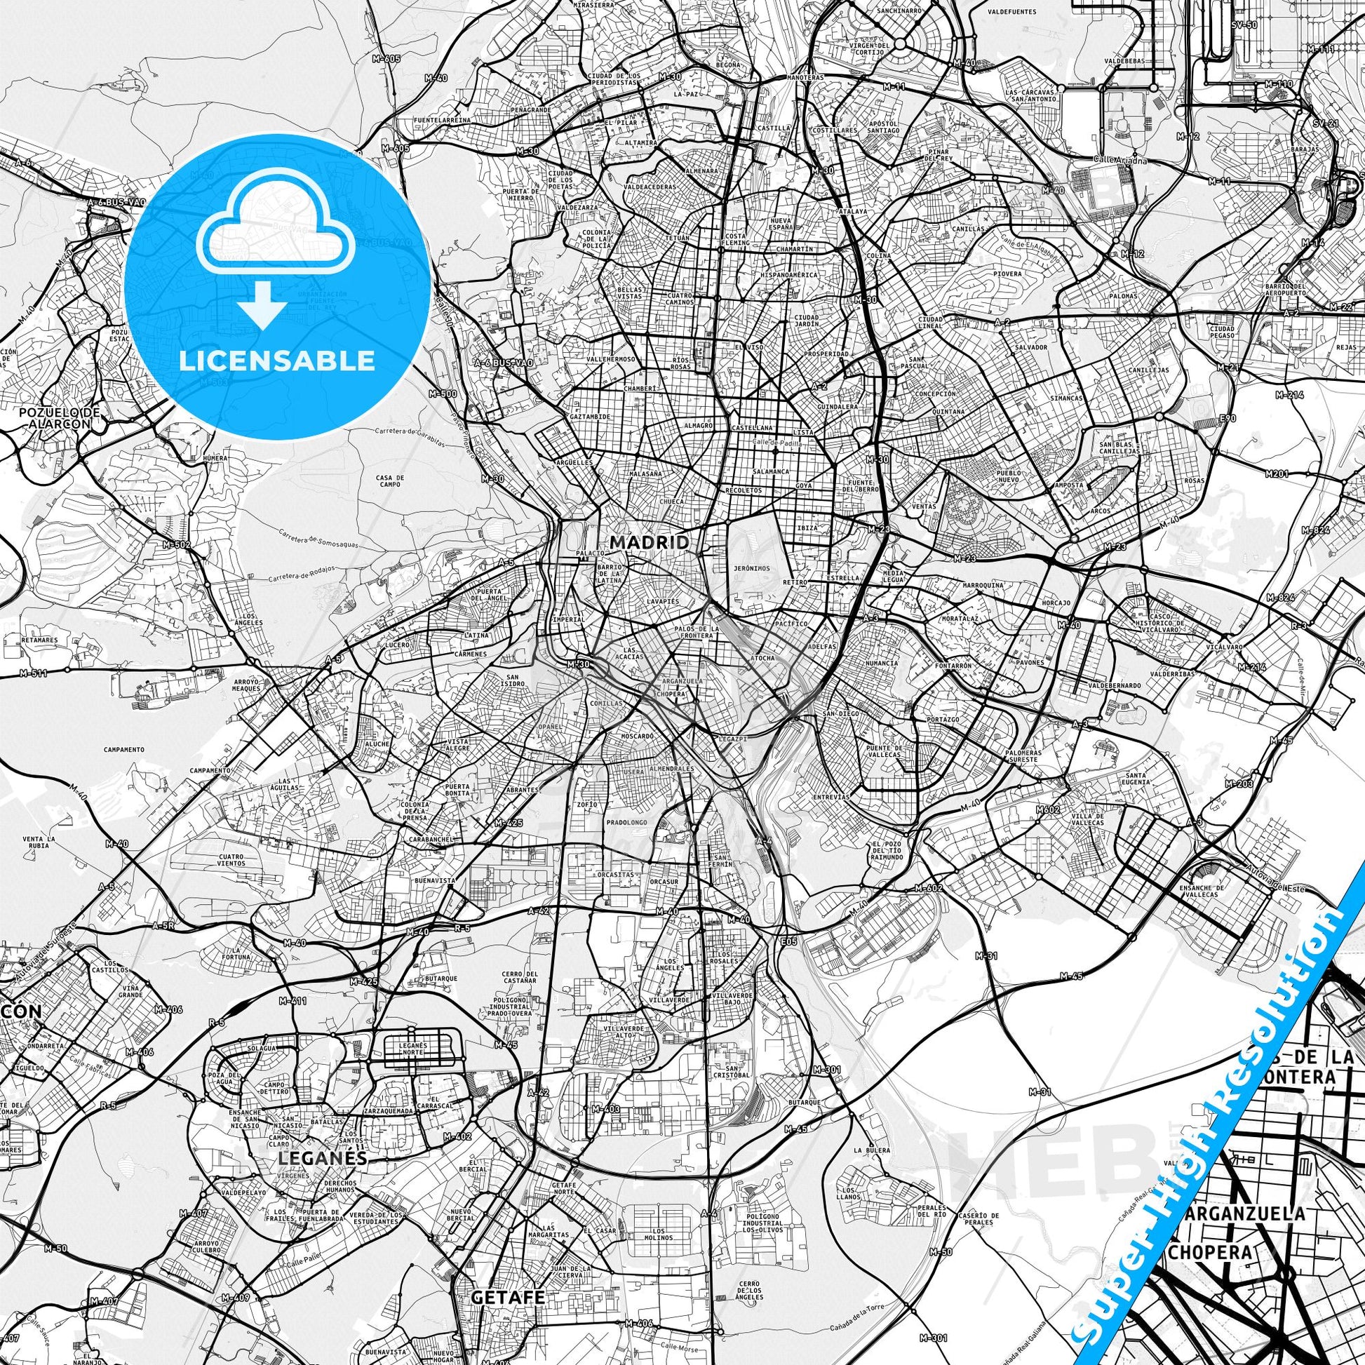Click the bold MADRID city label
(x=650, y=542)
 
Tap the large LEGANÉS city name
(x=323, y=1159)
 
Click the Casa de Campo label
(x=390, y=482)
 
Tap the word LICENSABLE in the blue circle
(x=276, y=361)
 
